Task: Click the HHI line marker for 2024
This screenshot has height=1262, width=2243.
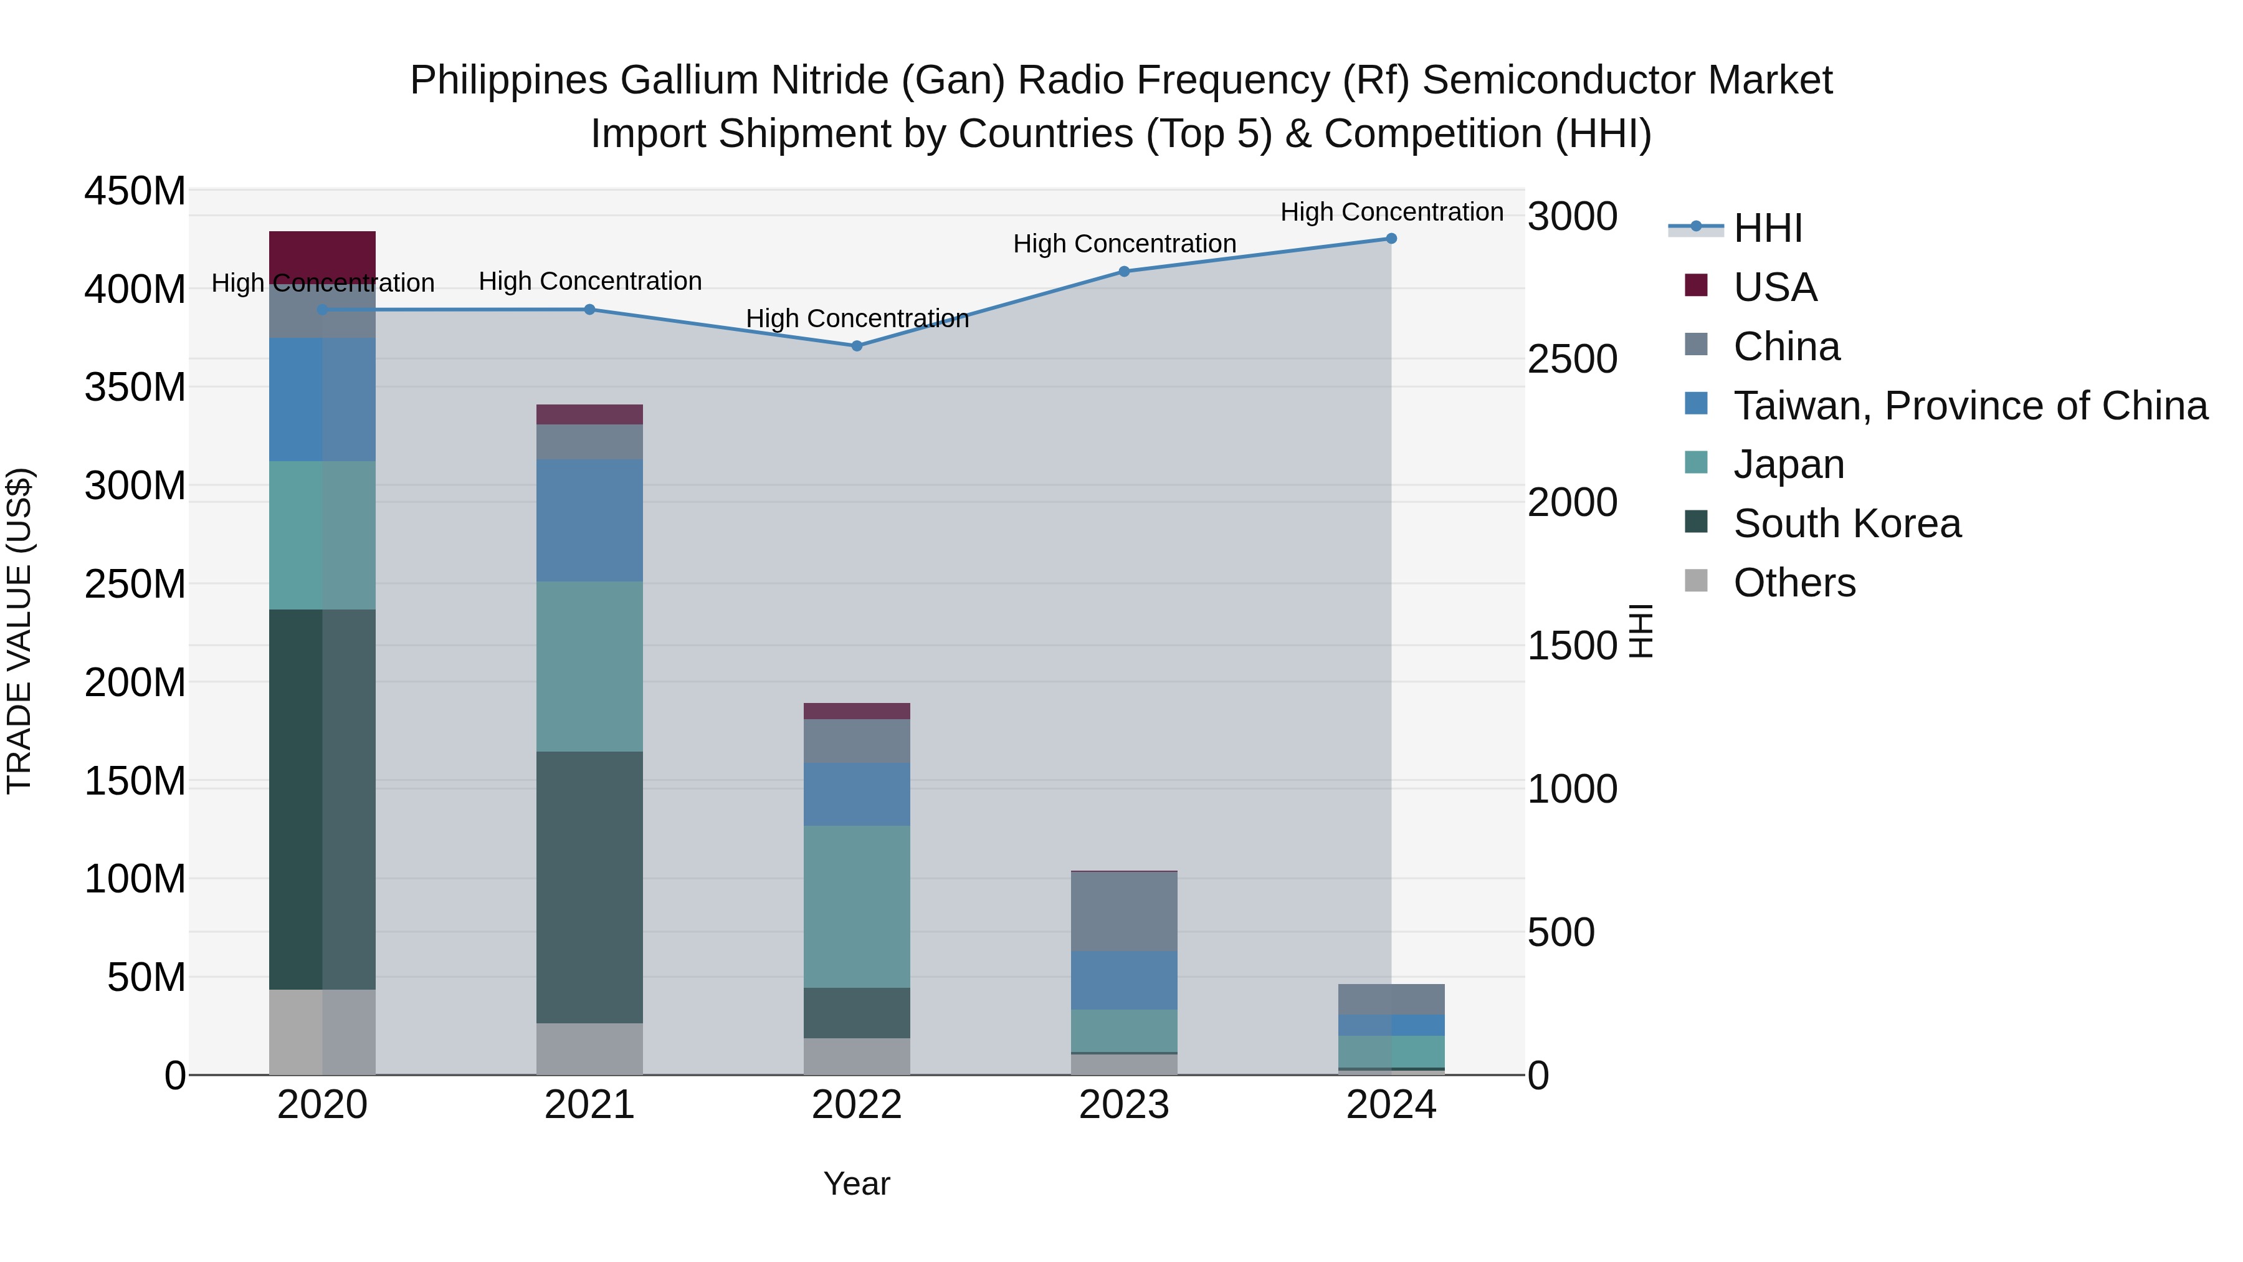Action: click(1391, 239)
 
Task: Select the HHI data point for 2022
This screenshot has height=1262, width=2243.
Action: click(857, 346)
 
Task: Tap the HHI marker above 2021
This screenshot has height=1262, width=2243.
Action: click(589, 309)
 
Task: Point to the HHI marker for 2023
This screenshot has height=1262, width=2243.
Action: click(1124, 272)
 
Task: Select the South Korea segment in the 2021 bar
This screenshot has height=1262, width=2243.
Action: click(589, 887)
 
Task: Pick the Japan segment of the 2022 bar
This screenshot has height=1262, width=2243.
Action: click(857, 906)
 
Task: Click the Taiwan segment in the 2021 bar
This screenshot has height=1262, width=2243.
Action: click(589, 520)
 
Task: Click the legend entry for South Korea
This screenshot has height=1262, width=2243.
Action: click(1847, 523)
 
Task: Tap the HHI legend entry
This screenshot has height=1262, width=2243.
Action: click(1768, 228)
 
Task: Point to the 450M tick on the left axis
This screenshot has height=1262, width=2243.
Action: click(135, 191)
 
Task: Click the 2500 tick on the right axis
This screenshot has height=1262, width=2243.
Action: click(1573, 359)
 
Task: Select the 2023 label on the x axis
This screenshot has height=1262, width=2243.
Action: click(1124, 1105)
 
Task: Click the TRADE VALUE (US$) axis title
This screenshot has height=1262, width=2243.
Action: click(19, 631)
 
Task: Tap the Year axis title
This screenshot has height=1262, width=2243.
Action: click(857, 1183)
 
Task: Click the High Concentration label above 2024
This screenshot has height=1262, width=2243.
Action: click(1391, 212)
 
